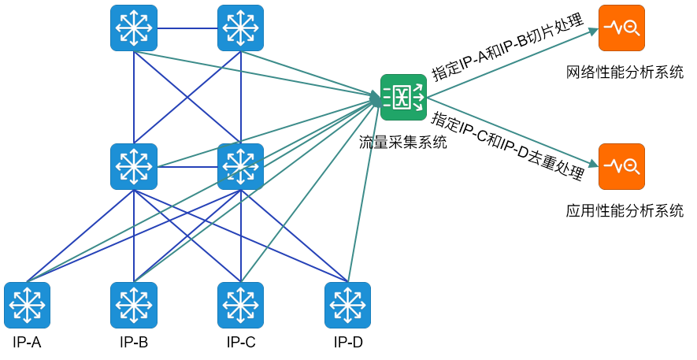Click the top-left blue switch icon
tap(134, 28)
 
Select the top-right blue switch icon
tap(241, 28)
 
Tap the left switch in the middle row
tap(134, 167)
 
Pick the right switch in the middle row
tap(241, 167)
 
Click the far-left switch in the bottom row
tap(27, 306)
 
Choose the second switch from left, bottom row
tap(134, 306)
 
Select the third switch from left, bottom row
tap(241, 306)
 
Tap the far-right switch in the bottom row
tap(347, 306)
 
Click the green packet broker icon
tap(403, 98)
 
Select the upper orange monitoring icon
tap(621, 28)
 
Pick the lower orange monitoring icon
tap(621, 167)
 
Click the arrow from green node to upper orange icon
tap(512, 64)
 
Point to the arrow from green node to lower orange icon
tap(512, 132)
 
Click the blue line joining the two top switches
tap(187, 28)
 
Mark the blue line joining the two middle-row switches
tap(187, 167)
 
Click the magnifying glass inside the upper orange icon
tap(631, 28)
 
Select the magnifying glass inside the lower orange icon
tap(631, 166)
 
